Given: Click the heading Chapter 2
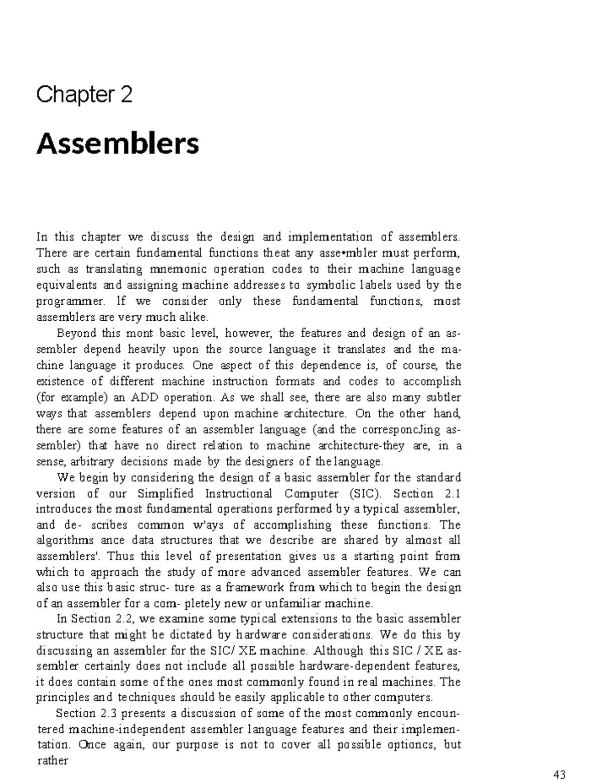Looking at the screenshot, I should pyautogui.click(x=84, y=94).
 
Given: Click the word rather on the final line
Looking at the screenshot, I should pyautogui.click(x=53, y=760).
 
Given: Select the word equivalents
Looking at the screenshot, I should pyautogui.click(x=67, y=285).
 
